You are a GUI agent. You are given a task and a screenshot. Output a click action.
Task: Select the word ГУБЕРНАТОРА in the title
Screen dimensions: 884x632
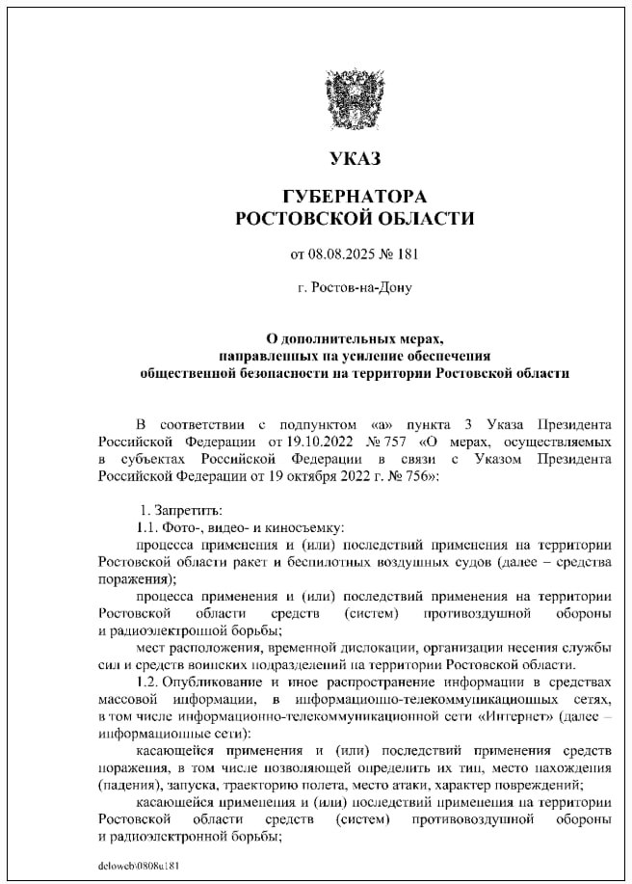[x=355, y=197]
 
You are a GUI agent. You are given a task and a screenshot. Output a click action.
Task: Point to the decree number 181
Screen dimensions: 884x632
[x=407, y=254]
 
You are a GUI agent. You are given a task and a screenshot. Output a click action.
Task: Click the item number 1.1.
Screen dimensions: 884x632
[x=148, y=526]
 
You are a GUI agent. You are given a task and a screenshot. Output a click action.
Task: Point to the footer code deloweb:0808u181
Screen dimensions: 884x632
[x=139, y=865]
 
